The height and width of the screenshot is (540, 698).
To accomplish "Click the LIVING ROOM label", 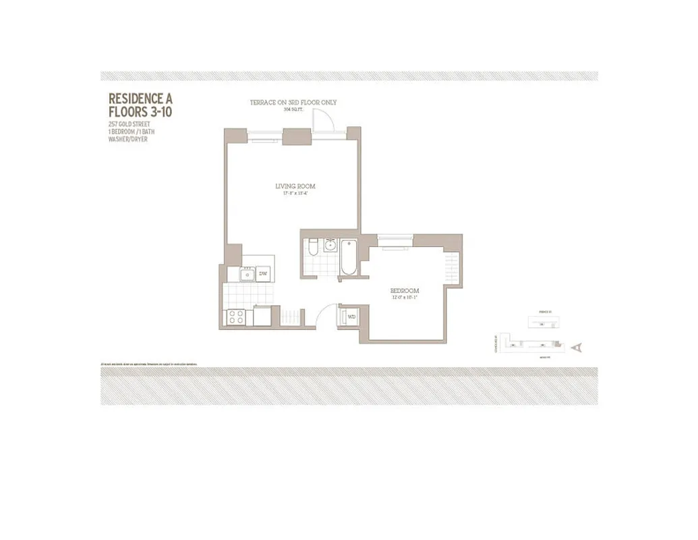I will point(295,186).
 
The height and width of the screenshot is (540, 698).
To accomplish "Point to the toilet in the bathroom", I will point(312,249).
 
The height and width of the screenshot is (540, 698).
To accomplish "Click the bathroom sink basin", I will point(330,244).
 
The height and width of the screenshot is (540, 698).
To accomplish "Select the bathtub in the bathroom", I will point(349,258).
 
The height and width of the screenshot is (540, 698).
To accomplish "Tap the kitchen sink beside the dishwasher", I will point(247,274).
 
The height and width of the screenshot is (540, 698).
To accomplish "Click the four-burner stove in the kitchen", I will point(236,316).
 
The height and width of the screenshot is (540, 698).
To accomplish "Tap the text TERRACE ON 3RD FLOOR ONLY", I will point(293,103).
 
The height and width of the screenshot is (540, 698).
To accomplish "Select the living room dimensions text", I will point(295,194).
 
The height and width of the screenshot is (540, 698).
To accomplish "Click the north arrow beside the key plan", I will point(575,347).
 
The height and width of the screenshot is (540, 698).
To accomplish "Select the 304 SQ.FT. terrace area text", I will point(293,109).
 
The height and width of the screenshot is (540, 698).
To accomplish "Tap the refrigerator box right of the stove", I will point(262,315).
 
